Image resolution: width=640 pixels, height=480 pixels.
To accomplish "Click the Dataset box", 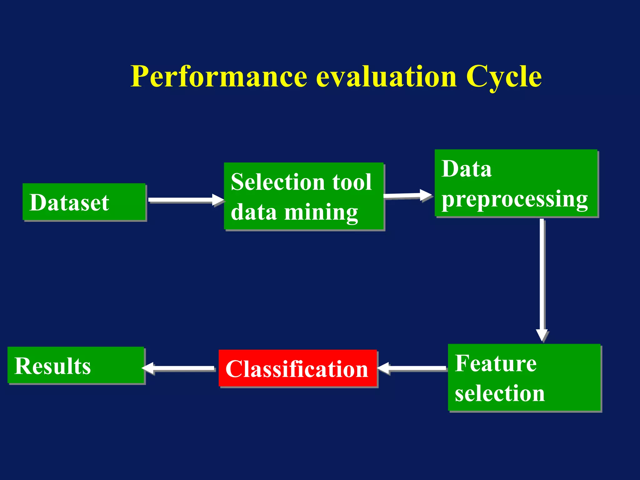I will click(x=84, y=202).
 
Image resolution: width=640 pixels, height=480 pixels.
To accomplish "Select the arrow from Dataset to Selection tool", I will click(x=184, y=200).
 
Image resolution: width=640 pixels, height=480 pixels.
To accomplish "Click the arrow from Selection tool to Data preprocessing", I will click(x=406, y=196).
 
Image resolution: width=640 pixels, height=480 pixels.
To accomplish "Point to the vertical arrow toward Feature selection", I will click(x=542, y=278).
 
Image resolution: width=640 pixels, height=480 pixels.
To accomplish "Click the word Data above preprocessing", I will click(x=467, y=169).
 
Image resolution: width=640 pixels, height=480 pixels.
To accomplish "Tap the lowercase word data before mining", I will click(x=254, y=212).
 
